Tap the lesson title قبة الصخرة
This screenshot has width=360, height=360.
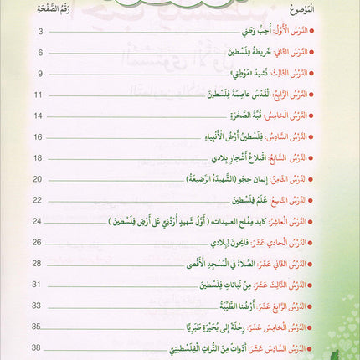(x=265, y=116)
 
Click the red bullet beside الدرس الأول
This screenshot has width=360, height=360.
(x=349, y=39)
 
